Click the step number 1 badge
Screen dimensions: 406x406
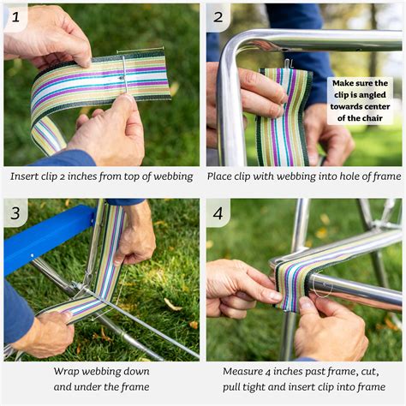point(15,15)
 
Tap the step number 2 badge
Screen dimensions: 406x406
point(218,15)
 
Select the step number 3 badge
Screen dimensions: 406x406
point(15,212)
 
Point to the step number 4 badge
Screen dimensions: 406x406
point(218,212)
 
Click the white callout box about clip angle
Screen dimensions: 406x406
point(360,100)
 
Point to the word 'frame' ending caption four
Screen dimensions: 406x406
point(371,386)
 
